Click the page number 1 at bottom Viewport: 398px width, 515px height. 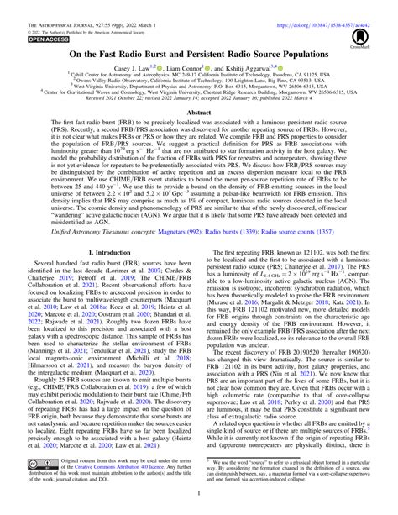(199, 497)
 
